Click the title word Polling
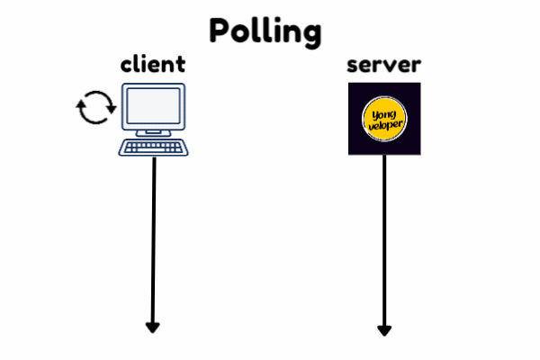265,30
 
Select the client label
153,65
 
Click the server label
384,66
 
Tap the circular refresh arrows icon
95,109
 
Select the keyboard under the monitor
154,148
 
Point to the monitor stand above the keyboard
154,135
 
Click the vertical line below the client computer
154,234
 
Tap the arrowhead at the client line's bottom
153,327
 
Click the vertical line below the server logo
384,234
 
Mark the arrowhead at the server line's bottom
384,330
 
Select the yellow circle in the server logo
384,119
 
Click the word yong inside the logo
384,113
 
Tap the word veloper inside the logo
384,126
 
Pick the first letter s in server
355,67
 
